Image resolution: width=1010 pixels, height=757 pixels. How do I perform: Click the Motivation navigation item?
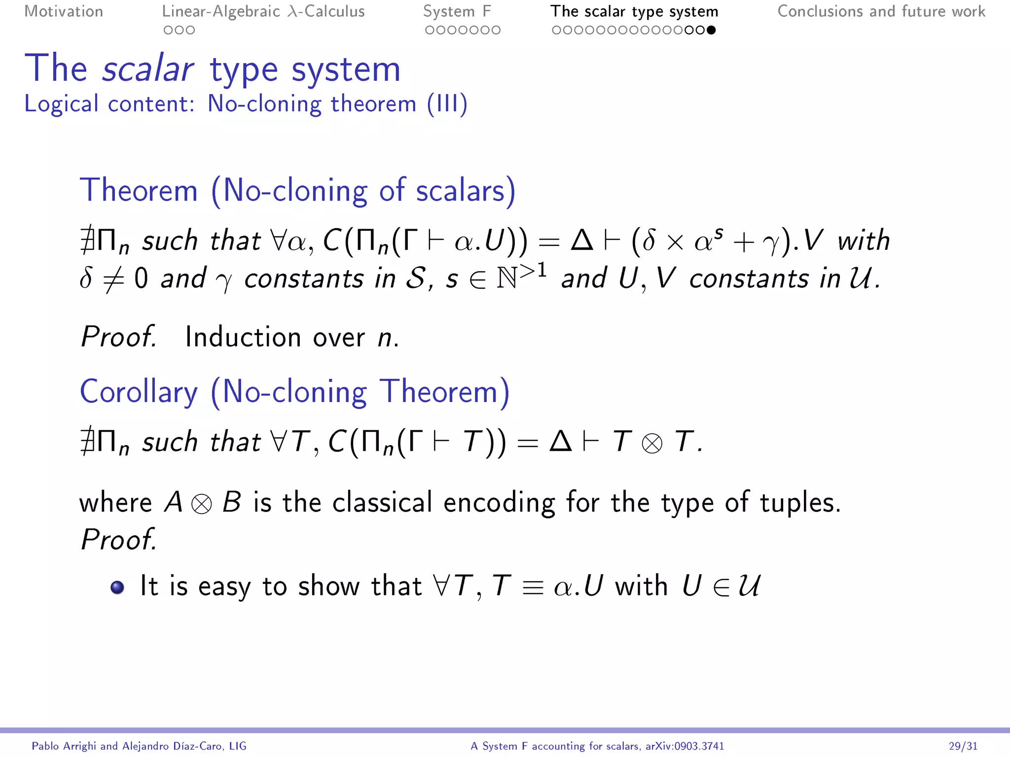64,11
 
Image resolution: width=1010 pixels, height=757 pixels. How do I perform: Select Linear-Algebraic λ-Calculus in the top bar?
263,11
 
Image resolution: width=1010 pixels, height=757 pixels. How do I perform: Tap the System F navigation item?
457,11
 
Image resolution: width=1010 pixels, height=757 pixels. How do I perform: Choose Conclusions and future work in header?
881,11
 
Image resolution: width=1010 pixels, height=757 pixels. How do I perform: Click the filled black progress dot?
711,30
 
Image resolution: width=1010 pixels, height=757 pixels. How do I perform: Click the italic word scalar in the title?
147,69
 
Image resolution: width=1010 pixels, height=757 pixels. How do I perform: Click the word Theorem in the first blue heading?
139,190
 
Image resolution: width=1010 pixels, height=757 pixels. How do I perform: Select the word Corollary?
139,392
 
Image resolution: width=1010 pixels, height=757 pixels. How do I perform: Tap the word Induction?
243,337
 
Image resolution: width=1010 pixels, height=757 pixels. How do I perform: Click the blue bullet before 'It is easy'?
117,587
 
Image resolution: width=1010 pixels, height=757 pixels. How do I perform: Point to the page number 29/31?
963,746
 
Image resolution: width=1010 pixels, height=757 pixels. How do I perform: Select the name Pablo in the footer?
48,746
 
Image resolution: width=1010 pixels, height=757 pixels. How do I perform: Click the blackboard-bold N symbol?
506,279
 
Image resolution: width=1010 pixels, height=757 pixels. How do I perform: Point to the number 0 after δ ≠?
141,279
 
